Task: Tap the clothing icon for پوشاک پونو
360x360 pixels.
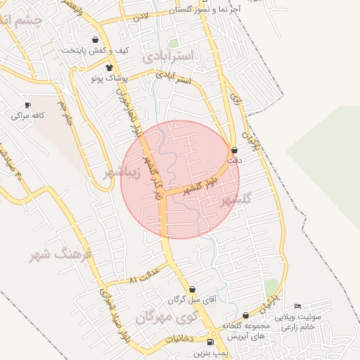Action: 109,67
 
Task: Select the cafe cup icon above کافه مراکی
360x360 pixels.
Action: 28,105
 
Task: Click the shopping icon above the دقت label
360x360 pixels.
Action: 234,150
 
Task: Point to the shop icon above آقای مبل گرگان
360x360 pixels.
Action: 193,289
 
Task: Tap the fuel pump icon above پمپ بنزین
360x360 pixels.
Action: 210,342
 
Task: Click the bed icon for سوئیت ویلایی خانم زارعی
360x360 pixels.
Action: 298,307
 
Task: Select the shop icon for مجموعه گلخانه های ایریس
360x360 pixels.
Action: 245,316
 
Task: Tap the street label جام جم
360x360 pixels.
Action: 65,113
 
